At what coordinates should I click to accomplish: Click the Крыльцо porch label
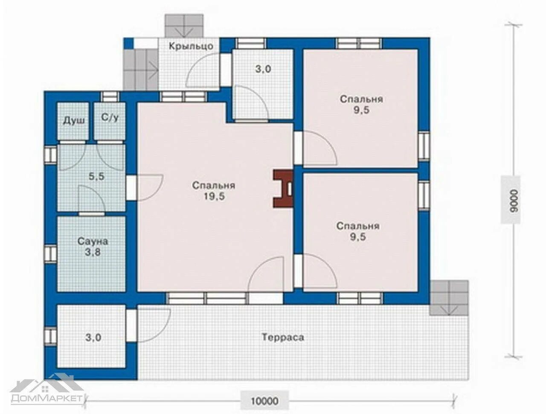pyautogui.click(x=191, y=46)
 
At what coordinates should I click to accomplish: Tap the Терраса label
pyautogui.click(x=283, y=337)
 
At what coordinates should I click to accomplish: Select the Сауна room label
pyautogui.click(x=93, y=241)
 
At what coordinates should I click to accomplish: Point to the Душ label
pyautogui.click(x=74, y=121)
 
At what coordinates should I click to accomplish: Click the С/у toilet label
pyautogui.click(x=110, y=118)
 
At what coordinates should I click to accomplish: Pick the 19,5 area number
pyautogui.click(x=214, y=197)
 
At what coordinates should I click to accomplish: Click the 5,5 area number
pyautogui.click(x=96, y=177)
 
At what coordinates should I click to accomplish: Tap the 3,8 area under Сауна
pyautogui.click(x=93, y=253)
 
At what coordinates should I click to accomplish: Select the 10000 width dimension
pyautogui.click(x=264, y=401)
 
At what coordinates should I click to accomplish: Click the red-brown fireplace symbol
pyautogui.click(x=284, y=189)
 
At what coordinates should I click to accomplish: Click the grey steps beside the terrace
pyautogui.click(x=449, y=298)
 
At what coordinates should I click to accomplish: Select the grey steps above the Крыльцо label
pyautogui.click(x=184, y=26)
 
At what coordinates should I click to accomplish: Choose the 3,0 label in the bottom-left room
pyautogui.click(x=93, y=338)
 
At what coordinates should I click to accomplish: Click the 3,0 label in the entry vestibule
pyautogui.click(x=263, y=69)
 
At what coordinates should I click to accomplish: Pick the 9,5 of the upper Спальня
pyautogui.click(x=361, y=110)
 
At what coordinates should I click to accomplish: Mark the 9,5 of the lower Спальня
pyautogui.click(x=358, y=237)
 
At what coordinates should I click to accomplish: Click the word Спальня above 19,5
pyautogui.click(x=214, y=186)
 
